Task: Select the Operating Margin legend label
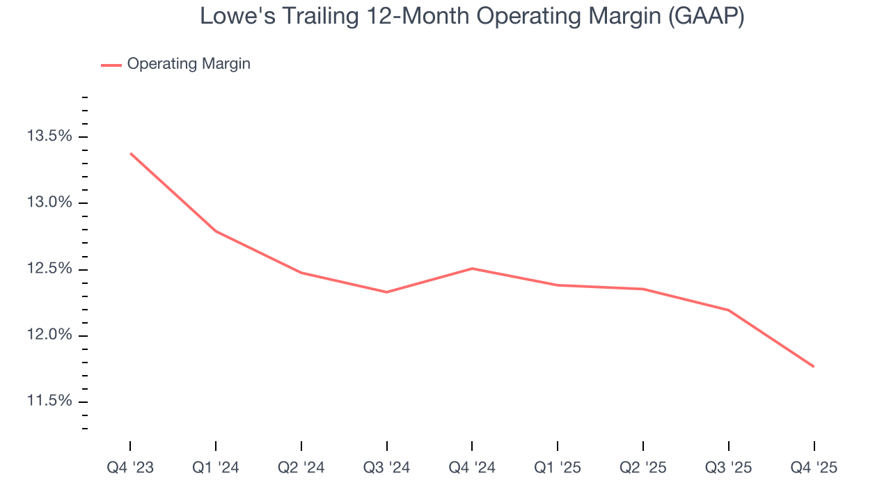click(x=189, y=64)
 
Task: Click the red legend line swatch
click(x=111, y=65)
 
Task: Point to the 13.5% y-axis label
click(x=49, y=136)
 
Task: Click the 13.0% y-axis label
click(x=49, y=202)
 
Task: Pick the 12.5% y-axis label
click(x=49, y=269)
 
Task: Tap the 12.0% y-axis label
click(x=49, y=335)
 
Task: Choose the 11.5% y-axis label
click(x=49, y=401)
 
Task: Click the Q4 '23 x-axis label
click(x=130, y=468)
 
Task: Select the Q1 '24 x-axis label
click(x=216, y=468)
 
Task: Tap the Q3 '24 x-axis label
click(x=386, y=468)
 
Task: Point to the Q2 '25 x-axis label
click(x=643, y=468)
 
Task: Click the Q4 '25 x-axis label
click(x=814, y=468)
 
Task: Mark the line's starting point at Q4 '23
click(x=131, y=153)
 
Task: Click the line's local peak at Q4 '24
click(x=472, y=269)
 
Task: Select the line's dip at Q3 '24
click(x=386, y=292)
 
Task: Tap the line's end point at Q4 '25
click(x=813, y=367)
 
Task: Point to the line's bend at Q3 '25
click(x=728, y=310)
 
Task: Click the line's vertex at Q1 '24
click(x=216, y=231)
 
